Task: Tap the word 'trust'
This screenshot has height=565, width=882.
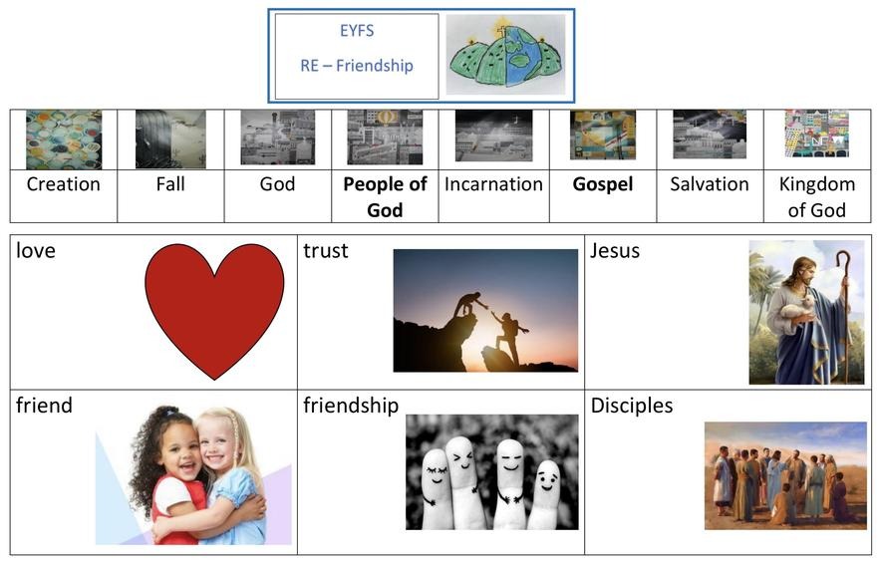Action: tap(326, 251)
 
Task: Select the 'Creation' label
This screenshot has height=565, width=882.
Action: tap(64, 184)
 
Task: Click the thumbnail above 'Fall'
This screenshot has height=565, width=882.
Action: tap(170, 140)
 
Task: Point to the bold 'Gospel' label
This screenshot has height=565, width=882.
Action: tap(602, 184)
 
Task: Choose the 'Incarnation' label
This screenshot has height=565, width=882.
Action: tap(493, 184)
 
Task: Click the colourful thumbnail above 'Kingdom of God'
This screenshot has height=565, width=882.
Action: tap(817, 134)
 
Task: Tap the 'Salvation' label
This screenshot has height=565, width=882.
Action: tap(710, 184)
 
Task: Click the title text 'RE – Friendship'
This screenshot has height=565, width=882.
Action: tap(357, 66)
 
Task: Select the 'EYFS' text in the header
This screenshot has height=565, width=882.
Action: tap(357, 30)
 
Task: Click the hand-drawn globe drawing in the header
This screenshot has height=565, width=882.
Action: tap(505, 56)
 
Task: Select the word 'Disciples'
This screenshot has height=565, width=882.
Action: tap(632, 406)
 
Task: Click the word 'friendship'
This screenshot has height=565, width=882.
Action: tap(351, 406)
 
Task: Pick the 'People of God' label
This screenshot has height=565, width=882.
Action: tap(385, 196)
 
